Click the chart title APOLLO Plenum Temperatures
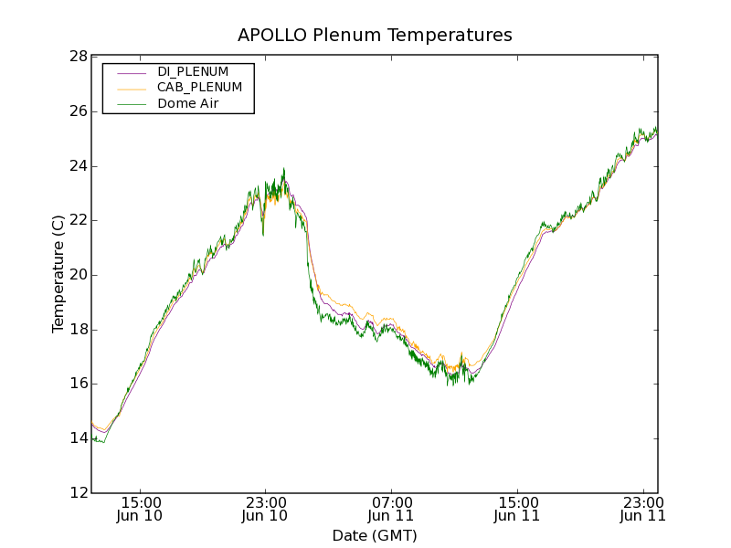point(375,36)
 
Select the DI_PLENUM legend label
point(193,71)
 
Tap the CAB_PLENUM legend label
point(199,88)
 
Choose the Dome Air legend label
point(188,104)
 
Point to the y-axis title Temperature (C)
point(58,274)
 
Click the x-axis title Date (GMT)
point(375,535)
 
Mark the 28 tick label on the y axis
point(78,57)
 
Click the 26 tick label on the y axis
point(78,111)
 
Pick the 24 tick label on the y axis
point(78,166)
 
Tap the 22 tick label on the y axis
point(78,220)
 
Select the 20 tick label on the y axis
point(78,275)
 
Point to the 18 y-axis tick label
point(78,330)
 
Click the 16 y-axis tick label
point(78,384)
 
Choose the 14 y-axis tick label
point(78,438)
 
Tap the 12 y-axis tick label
point(78,493)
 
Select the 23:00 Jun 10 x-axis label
point(265,509)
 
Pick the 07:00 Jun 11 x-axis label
point(391,509)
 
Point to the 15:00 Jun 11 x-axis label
point(517,509)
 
